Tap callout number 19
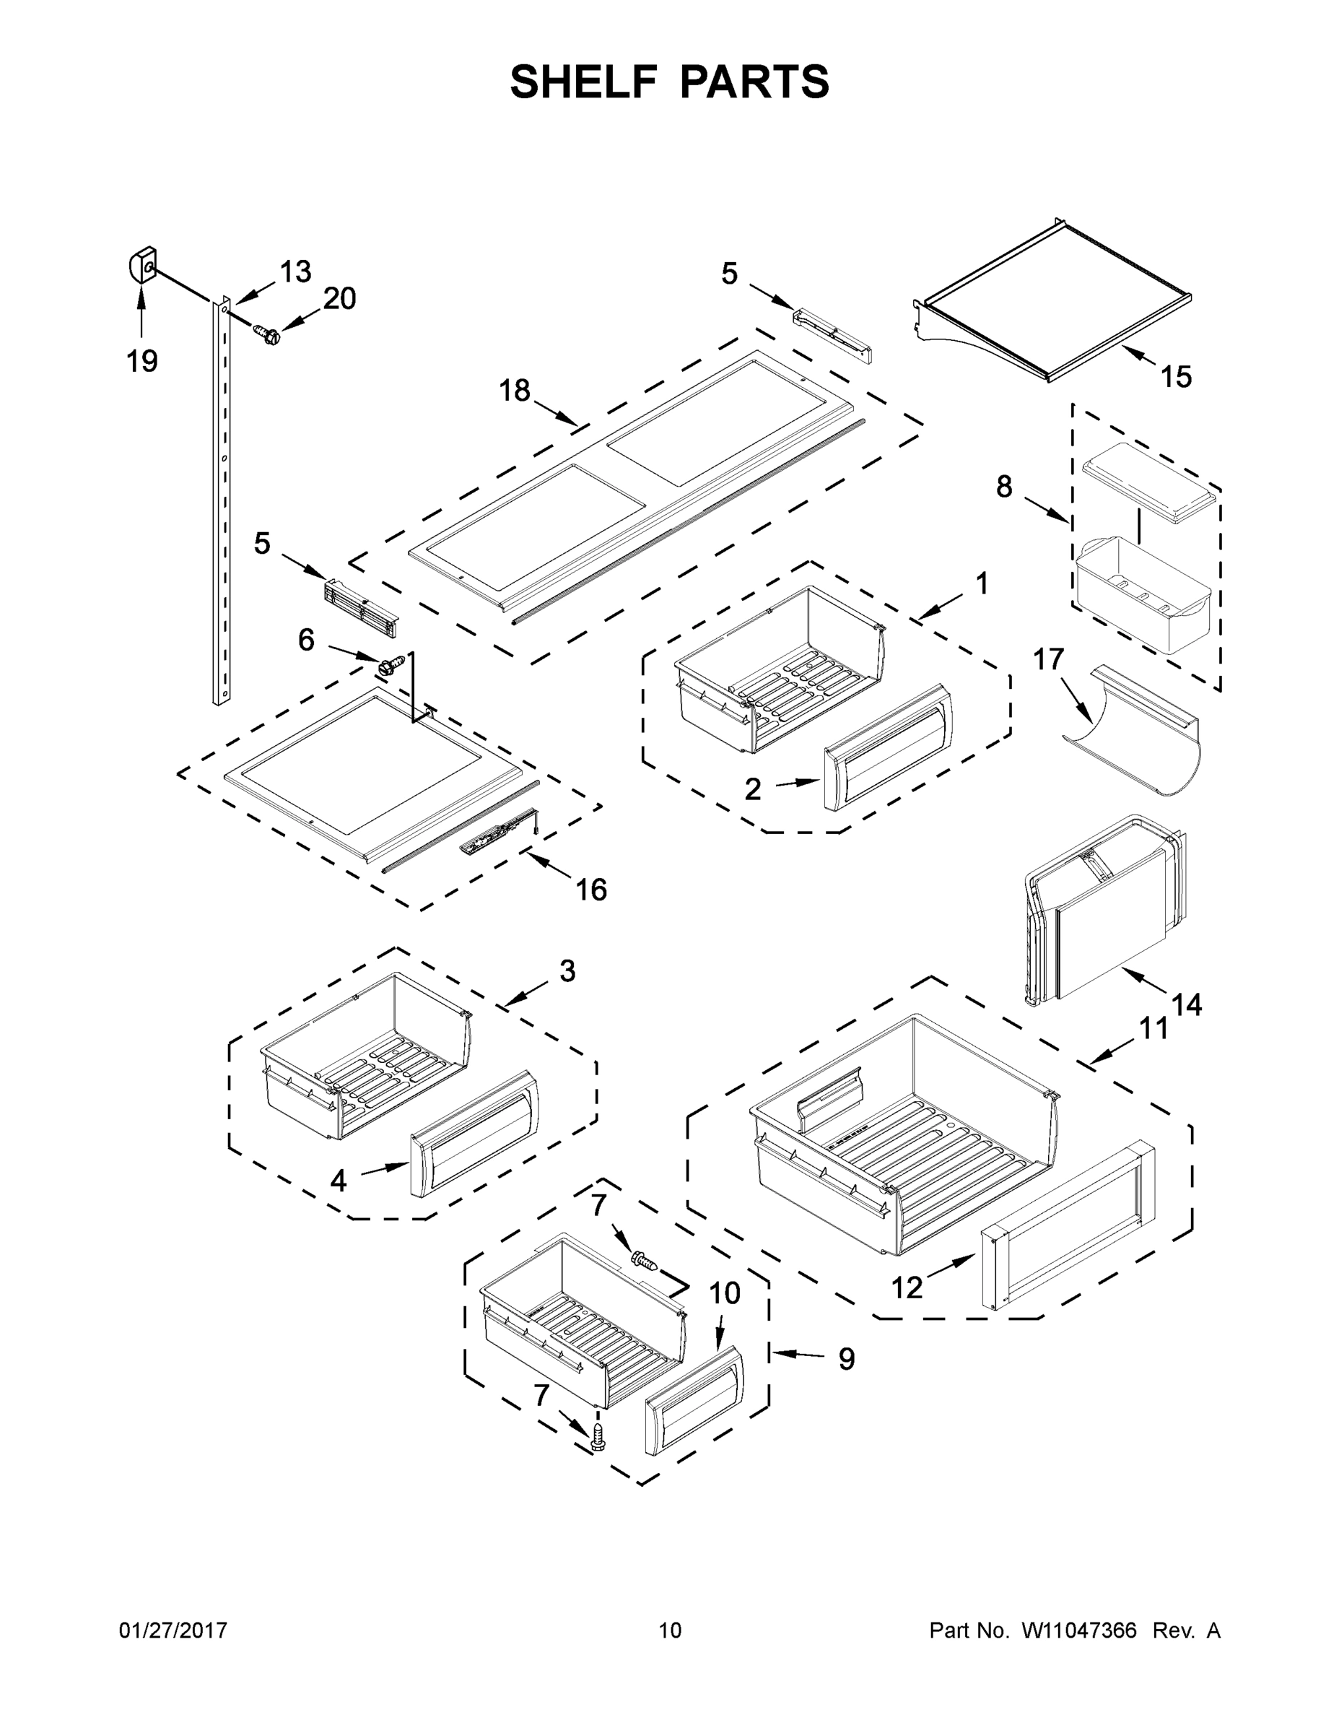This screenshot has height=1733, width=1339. tap(142, 362)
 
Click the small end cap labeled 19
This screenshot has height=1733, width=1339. tap(141, 265)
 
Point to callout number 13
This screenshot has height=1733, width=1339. tap(295, 272)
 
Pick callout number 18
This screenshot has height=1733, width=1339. tap(514, 391)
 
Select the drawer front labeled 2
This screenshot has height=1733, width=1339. tap(887, 748)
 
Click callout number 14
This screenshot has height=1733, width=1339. tap(1187, 1005)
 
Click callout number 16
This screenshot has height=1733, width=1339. tap(591, 890)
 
